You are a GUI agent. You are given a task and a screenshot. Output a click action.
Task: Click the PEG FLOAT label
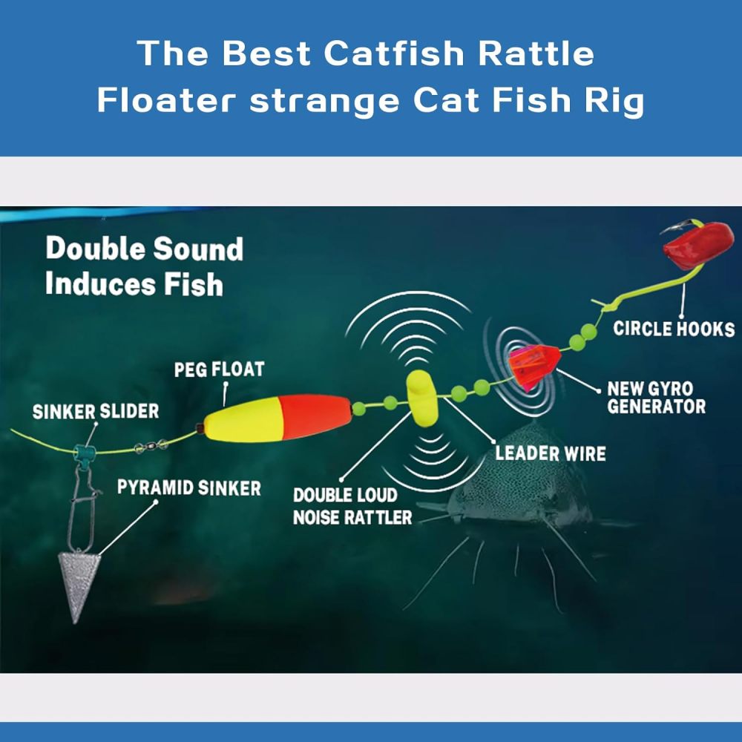[219, 369]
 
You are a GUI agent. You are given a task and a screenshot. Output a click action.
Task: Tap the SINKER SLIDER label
[96, 411]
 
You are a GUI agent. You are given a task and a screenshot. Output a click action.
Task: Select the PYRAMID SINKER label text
[189, 488]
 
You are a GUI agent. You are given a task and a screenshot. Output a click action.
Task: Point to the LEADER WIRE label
[550, 453]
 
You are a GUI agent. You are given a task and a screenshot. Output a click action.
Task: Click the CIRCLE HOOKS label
[674, 329]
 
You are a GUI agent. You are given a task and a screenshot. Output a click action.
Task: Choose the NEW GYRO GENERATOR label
[656, 397]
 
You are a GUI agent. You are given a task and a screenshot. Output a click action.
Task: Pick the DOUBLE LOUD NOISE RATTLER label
[352, 506]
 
